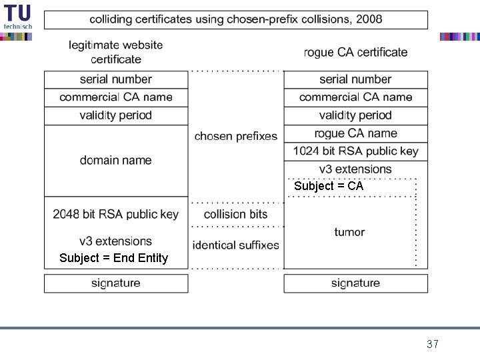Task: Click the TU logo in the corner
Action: [17, 17]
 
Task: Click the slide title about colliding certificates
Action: [236, 19]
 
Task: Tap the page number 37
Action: [432, 344]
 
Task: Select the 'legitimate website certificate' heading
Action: [115, 52]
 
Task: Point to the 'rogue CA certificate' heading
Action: [355, 52]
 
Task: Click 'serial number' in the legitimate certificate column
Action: [115, 79]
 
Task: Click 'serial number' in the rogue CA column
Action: [355, 79]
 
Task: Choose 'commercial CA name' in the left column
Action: [115, 97]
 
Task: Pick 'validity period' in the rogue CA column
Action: [355, 115]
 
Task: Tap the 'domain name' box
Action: [115, 160]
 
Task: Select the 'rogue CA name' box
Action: [355, 133]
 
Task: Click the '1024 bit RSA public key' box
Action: [355, 151]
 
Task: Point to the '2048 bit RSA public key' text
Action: [115, 214]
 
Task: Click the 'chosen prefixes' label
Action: [235, 136]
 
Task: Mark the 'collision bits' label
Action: [235, 214]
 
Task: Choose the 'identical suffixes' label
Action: [235, 245]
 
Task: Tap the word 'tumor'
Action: [349, 232]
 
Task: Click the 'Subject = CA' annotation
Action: [329, 187]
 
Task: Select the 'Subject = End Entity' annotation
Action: [113, 258]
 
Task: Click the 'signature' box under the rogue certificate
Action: [355, 283]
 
